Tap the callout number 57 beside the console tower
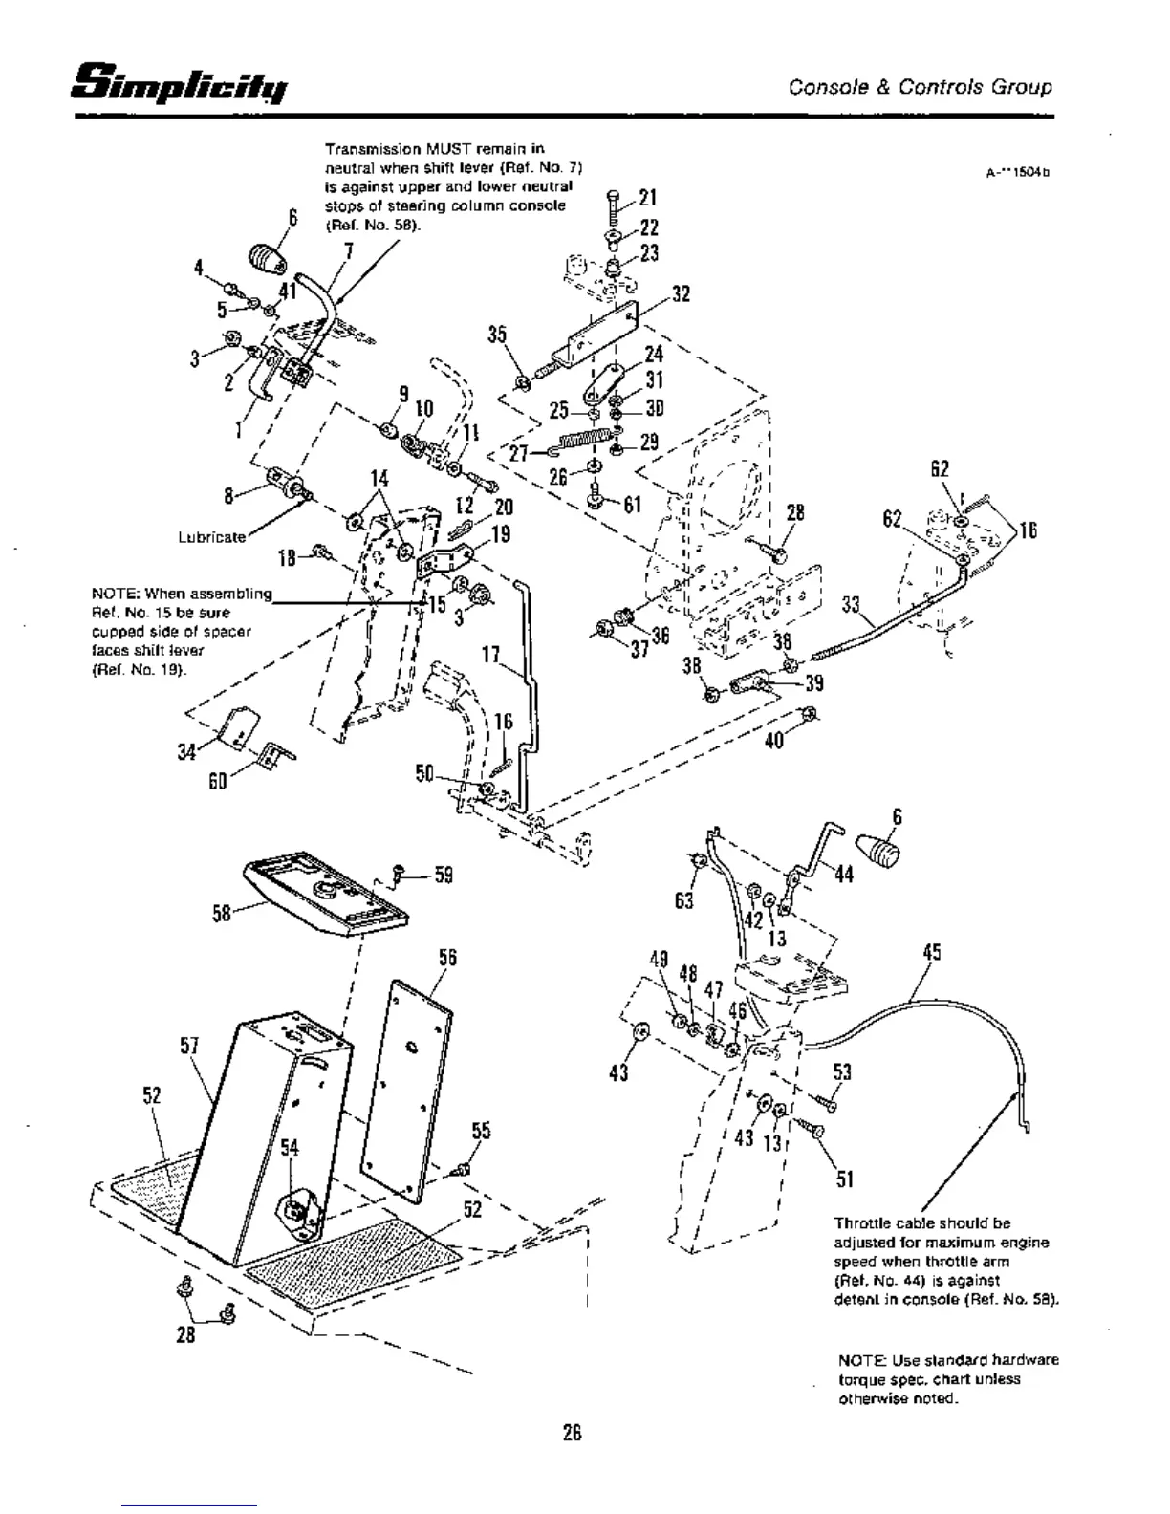pyautogui.click(x=188, y=1045)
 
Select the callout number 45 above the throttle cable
pyautogui.click(x=932, y=952)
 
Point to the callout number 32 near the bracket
pyautogui.click(x=681, y=293)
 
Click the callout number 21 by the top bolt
pyautogui.click(x=648, y=198)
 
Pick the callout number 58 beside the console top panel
pyautogui.click(x=222, y=916)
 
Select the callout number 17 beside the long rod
pyautogui.click(x=491, y=655)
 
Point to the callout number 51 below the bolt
pyautogui.click(x=844, y=1179)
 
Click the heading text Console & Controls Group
pyautogui.click(x=920, y=87)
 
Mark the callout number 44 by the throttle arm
pyautogui.click(x=844, y=875)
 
